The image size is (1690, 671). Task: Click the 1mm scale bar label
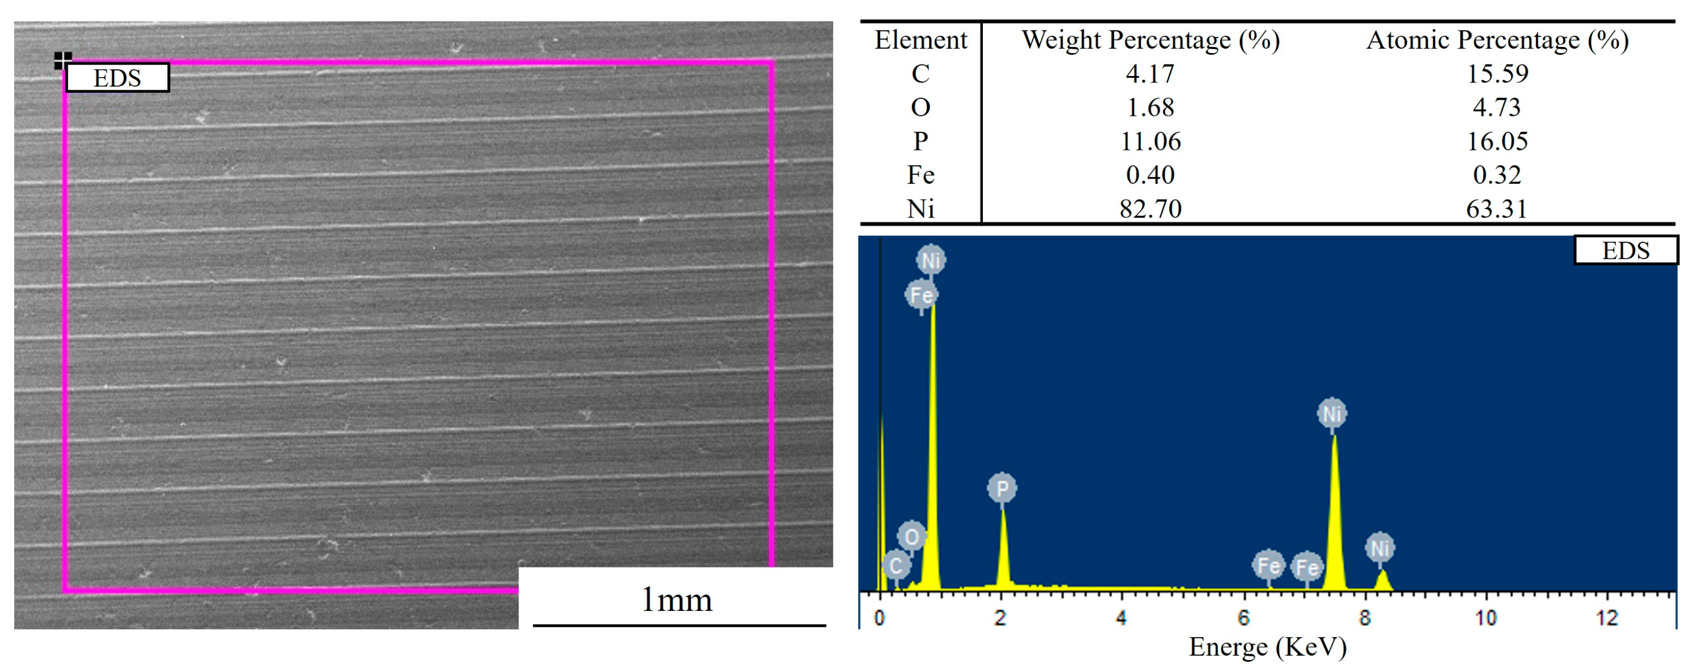(x=677, y=599)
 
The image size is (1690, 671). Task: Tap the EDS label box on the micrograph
(x=118, y=78)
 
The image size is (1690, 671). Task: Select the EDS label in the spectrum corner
(x=1625, y=250)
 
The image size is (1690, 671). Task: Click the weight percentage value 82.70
(x=1150, y=208)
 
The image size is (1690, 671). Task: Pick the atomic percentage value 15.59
(x=1497, y=73)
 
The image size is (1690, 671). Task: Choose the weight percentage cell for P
(x=1150, y=141)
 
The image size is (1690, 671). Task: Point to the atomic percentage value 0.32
(x=1497, y=174)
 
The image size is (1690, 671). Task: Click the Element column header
(x=920, y=40)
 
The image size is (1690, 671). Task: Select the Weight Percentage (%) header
(x=1150, y=40)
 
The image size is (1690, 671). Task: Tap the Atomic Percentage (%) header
(x=1497, y=40)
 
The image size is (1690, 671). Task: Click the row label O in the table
(x=920, y=107)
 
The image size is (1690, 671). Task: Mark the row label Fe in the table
(x=920, y=174)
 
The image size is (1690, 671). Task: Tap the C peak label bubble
(x=895, y=565)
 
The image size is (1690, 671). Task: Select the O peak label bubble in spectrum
(x=911, y=536)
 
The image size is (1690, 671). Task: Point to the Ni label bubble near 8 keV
(x=1380, y=548)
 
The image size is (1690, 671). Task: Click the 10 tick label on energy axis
(x=1485, y=617)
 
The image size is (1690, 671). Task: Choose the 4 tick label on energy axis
(x=1121, y=617)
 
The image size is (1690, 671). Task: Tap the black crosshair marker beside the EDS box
(x=62, y=60)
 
